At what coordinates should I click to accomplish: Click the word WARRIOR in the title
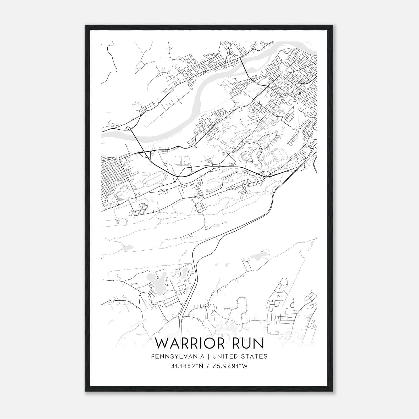tap(189, 343)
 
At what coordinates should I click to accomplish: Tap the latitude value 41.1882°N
tap(187, 366)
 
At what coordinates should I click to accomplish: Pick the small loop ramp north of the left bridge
tap(128, 128)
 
